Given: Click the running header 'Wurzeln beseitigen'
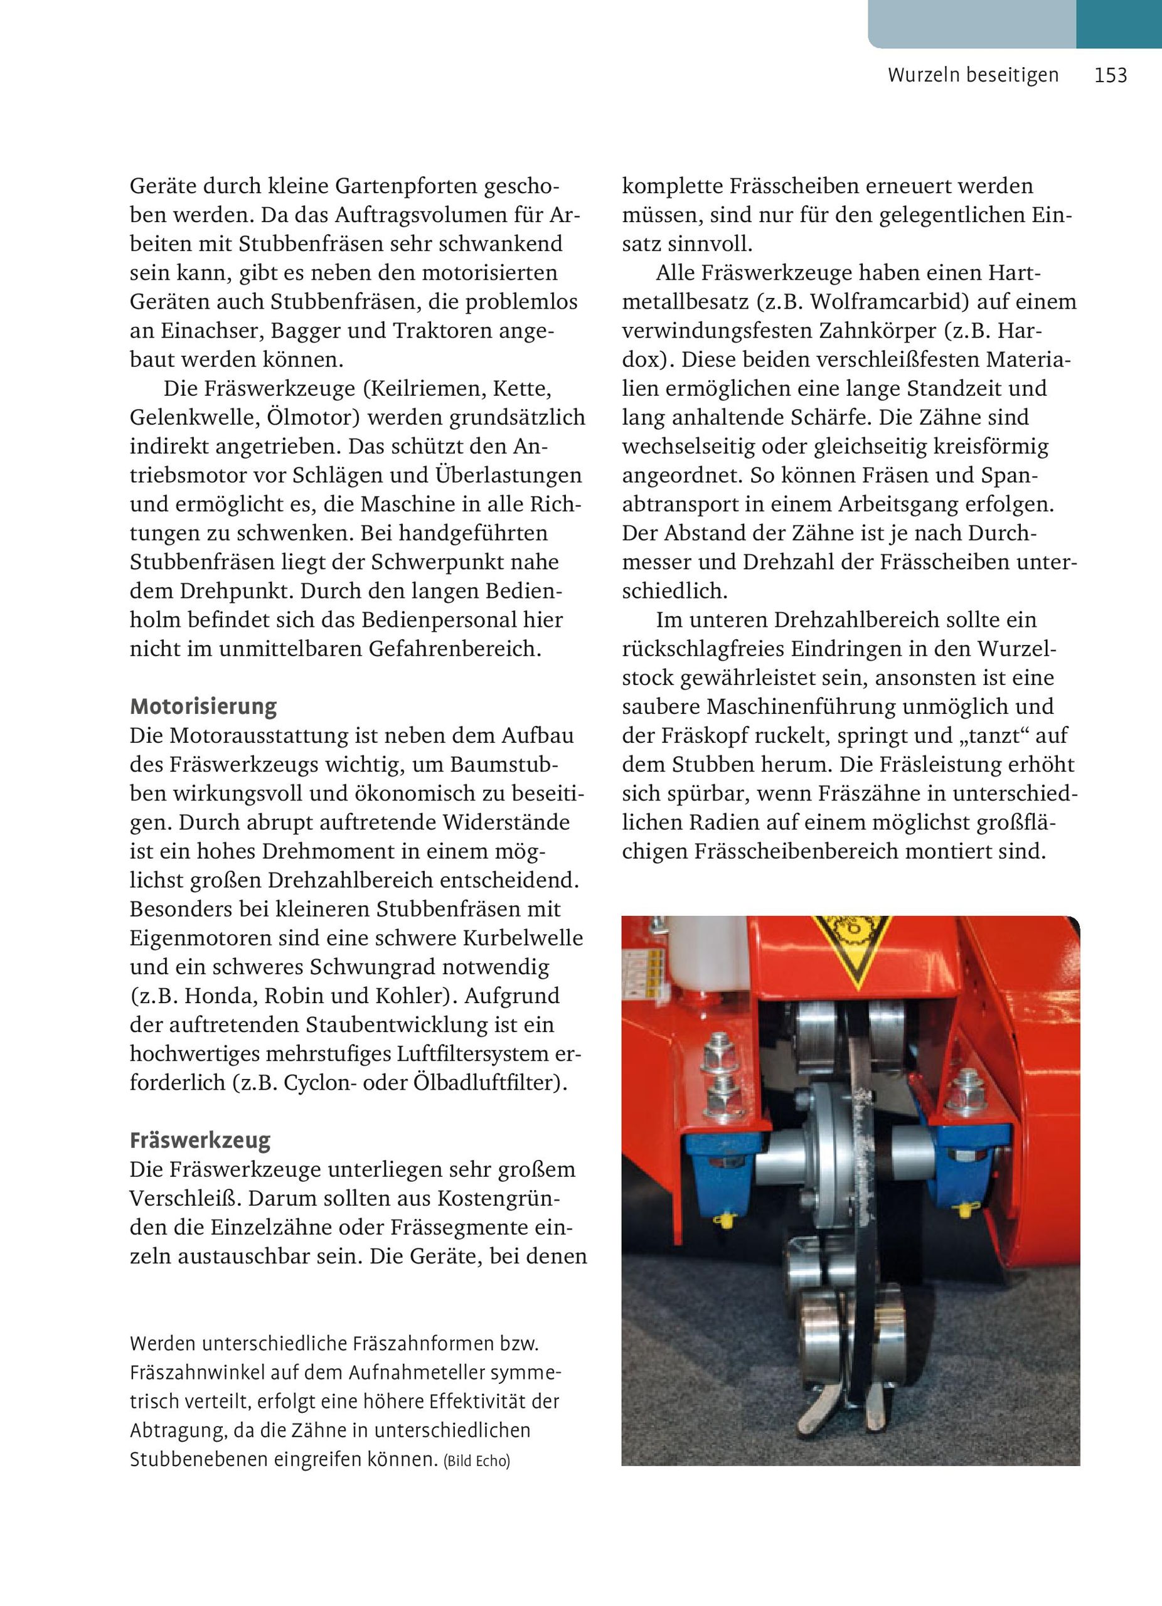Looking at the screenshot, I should point(973,76).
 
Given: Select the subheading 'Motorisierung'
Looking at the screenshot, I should point(203,706).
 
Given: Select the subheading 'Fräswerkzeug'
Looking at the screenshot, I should point(200,1141).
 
